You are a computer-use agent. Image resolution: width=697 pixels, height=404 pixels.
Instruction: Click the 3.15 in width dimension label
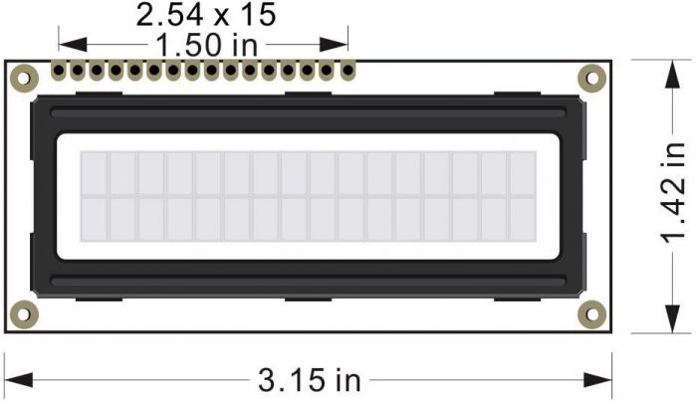309,380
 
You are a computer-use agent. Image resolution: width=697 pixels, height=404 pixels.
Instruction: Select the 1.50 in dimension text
205,44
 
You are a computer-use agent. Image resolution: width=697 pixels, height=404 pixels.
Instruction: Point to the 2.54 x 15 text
205,15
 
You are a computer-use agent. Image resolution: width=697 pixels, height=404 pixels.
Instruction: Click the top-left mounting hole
22,77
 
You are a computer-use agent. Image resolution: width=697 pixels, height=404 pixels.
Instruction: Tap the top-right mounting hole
592,77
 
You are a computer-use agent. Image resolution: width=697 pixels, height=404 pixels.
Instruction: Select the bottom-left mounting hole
22,315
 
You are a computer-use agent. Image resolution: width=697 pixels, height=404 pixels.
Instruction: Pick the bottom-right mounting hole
592,315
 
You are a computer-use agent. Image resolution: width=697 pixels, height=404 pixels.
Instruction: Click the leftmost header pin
60,72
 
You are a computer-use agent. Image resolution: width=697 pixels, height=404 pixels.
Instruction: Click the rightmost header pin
348,72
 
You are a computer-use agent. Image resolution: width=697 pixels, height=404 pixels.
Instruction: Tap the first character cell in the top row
93,173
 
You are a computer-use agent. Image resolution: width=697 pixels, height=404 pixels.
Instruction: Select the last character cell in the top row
523,173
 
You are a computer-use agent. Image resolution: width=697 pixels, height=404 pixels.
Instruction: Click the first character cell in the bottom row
93,219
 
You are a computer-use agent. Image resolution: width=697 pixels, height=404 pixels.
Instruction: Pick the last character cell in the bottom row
523,219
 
